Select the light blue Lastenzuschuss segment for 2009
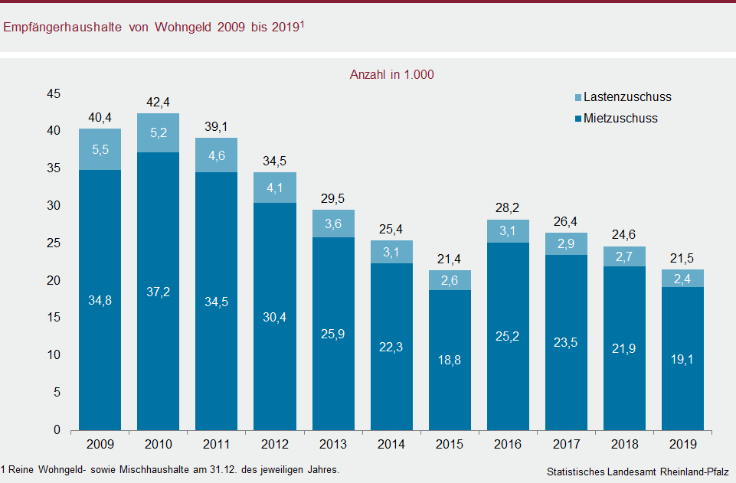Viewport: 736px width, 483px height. pos(100,149)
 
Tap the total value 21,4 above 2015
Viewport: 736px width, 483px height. pos(449,259)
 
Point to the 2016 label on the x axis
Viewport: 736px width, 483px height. pos(507,445)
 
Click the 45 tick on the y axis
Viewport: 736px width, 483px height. pos(54,94)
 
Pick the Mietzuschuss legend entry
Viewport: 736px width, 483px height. pos(620,119)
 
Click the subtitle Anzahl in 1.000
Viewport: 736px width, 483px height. pos(391,75)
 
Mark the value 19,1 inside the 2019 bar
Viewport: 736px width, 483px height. pos(682,358)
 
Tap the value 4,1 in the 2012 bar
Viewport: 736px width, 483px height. pos(274,188)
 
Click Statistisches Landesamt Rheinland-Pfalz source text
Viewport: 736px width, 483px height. pos(638,471)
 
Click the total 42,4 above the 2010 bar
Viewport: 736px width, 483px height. pos(158,103)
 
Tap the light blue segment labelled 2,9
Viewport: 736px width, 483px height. pos(565,243)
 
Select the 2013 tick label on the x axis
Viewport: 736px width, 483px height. pos(332,445)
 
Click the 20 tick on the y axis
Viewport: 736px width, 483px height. pos(54,281)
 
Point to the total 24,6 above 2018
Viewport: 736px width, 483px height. pos(623,236)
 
